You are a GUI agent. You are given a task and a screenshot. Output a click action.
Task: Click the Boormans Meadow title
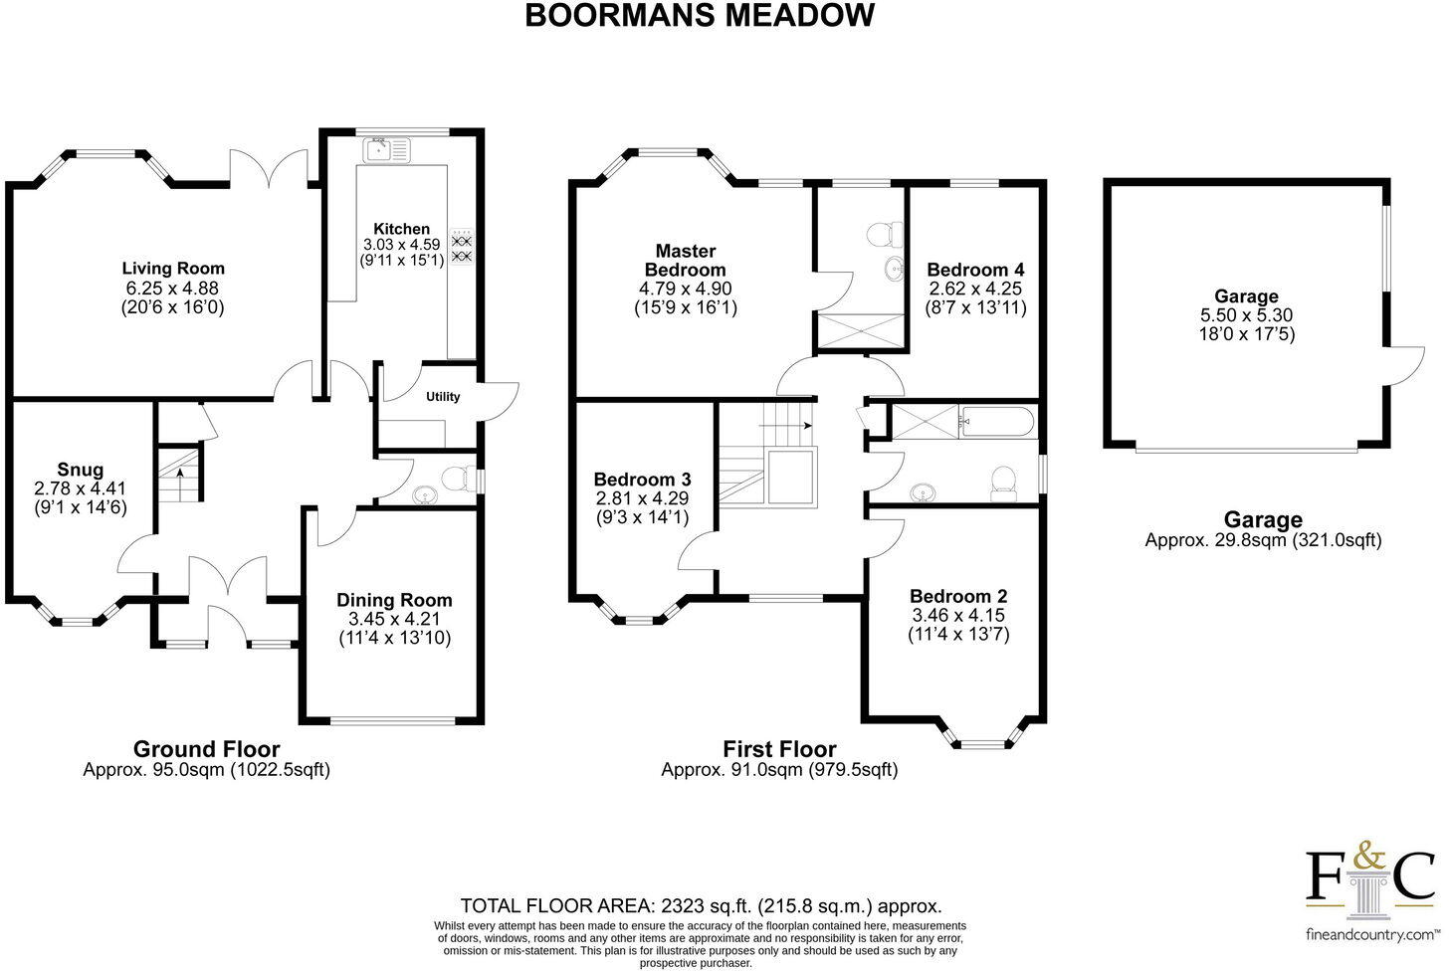(x=700, y=16)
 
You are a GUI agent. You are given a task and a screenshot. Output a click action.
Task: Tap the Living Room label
(x=173, y=269)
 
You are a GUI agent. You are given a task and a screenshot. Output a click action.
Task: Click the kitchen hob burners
(x=462, y=249)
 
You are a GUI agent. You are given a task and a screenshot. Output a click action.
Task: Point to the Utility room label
(x=443, y=397)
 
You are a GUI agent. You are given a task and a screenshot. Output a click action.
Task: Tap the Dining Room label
(x=394, y=600)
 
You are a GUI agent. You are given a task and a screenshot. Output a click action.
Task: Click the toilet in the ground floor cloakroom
(x=459, y=480)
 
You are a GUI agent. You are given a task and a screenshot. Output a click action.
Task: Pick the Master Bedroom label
(x=685, y=261)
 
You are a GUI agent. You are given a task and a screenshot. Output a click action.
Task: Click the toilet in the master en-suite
(x=883, y=235)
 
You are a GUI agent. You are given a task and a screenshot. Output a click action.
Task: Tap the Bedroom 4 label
(x=974, y=270)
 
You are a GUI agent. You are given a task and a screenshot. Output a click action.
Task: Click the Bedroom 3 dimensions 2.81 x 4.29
(x=642, y=498)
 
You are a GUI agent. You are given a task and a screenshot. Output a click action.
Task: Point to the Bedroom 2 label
(x=957, y=596)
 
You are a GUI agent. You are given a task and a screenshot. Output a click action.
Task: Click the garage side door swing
(x=1403, y=365)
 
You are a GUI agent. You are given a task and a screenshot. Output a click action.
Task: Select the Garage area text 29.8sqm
(x=1263, y=540)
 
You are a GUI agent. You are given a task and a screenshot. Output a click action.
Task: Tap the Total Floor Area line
(x=701, y=906)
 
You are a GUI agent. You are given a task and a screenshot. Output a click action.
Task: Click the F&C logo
(x=1370, y=880)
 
